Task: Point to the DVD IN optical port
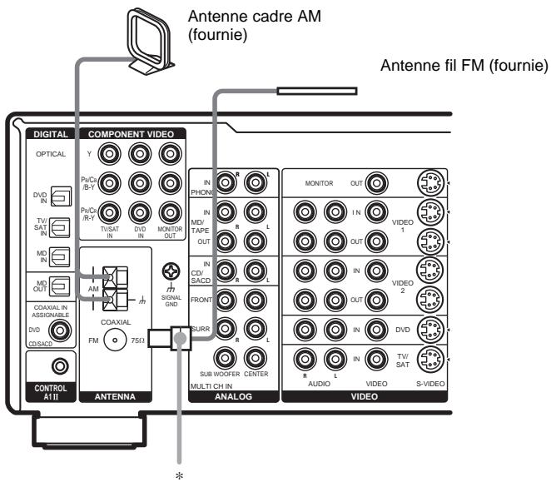point(62,196)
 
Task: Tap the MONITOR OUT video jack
point(379,184)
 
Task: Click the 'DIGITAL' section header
point(51,133)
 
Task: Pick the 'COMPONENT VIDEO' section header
point(131,133)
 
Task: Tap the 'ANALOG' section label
point(234,396)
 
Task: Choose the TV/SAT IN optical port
point(62,226)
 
